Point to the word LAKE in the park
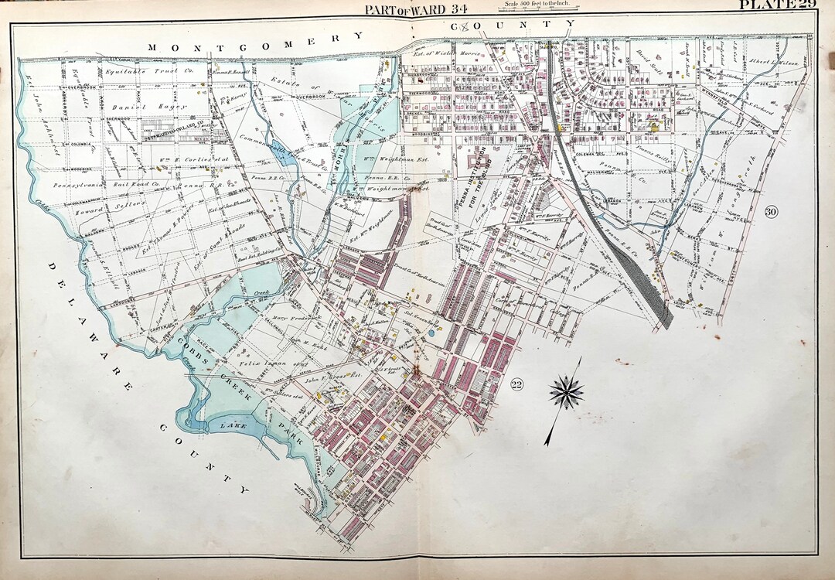[233, 425]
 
